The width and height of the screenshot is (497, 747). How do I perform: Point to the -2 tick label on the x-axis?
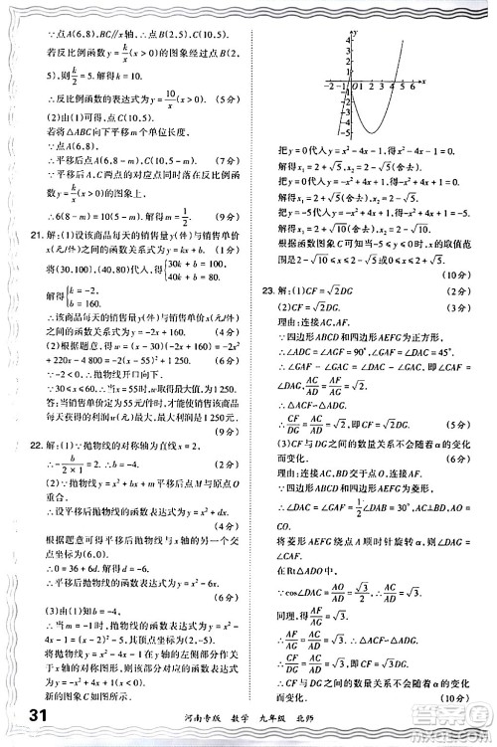(x=329, y=88)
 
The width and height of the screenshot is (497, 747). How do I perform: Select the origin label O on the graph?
(x=348, y=88)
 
